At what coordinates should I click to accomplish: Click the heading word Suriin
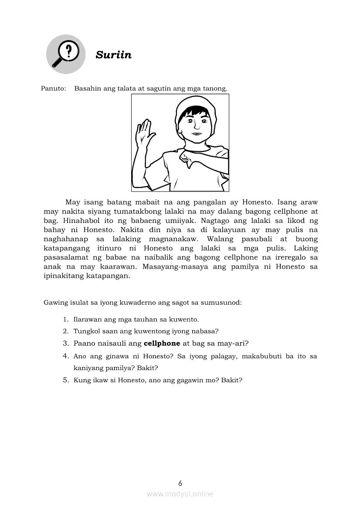click(x=113, y=55)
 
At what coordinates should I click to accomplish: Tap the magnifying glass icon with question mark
click(x=65, y=54)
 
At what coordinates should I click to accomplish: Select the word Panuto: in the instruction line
click(x=54, y=88)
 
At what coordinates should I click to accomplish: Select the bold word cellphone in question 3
click(x=162, y=343)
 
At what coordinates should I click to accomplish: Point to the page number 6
click(x=180, y=483)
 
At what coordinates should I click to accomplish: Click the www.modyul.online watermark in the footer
click(x=180, y=494)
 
